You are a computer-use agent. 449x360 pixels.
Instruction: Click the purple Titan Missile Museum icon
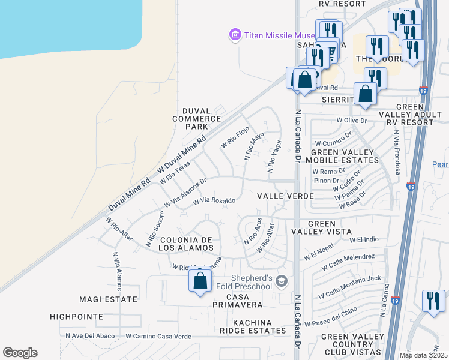tap(235, 35)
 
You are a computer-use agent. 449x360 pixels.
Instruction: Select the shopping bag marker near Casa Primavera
tap(200, 281)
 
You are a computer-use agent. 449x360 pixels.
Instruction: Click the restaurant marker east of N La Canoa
tap(433, 301)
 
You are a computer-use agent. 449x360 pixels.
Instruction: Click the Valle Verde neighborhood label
tap(286, 196)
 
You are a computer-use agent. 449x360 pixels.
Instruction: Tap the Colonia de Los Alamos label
tap(186, 243)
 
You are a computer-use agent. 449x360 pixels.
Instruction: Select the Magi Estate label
tap(109, 299)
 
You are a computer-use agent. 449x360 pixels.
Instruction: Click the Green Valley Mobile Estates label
tap(342, 156)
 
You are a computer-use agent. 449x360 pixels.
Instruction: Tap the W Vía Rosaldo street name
tap(213, 201)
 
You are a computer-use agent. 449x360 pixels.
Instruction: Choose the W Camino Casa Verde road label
tap(158, 337)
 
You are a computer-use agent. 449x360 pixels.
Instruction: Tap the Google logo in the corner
tap(20, 353)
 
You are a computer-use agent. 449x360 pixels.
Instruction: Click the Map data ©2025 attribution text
tap(423, 355)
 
